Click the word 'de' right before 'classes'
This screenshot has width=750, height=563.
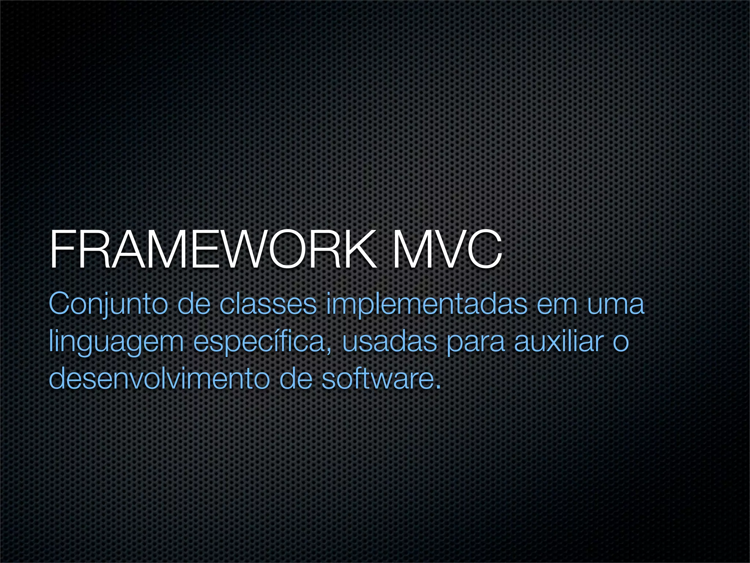194,304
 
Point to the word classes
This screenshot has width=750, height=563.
268,304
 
